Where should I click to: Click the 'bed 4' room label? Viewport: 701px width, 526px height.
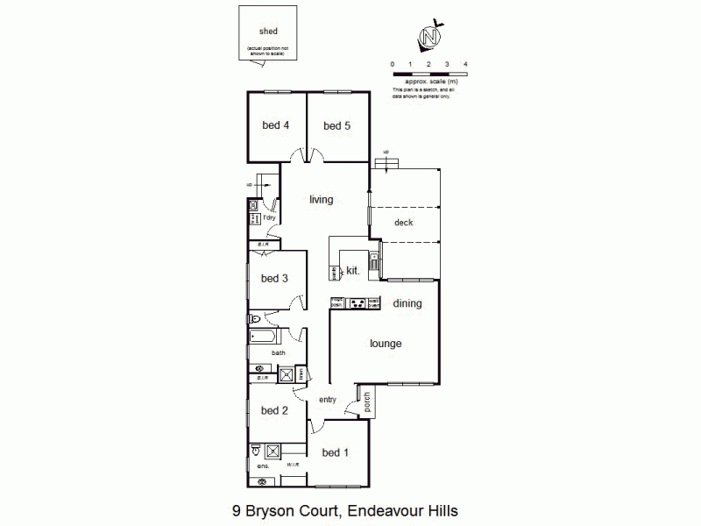pos(276,125)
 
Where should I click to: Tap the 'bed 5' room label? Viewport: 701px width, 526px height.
pos(336,125)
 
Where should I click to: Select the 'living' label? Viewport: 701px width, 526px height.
pos(322,200)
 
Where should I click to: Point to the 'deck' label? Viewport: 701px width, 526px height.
pos(403,223)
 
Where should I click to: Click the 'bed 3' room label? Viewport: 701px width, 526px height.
pos(274,279)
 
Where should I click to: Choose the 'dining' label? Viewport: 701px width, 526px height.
pos(407,304)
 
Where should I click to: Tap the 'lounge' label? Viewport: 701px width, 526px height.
pos(385,344)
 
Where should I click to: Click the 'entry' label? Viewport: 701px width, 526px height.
pos(328,400)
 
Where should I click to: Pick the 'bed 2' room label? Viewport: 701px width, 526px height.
pos(274,410)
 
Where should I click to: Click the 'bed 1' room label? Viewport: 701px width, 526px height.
pos(335,452)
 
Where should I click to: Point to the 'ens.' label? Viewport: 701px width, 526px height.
pos(262,466)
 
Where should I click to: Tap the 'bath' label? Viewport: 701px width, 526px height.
pos(278,353)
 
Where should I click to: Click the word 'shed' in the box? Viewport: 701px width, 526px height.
pos(268,32)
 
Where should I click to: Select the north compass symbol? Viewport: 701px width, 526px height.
pos(429,38)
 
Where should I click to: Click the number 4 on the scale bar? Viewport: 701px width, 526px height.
pos(465,65)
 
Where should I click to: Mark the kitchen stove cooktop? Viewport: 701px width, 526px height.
pos(357,303)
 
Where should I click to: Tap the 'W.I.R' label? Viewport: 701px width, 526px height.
pos(293,465)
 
